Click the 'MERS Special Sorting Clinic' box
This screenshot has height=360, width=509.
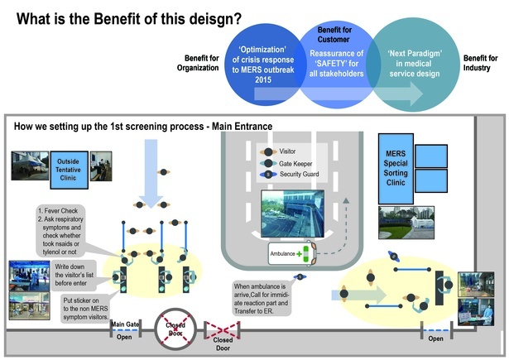coord(391,169)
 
